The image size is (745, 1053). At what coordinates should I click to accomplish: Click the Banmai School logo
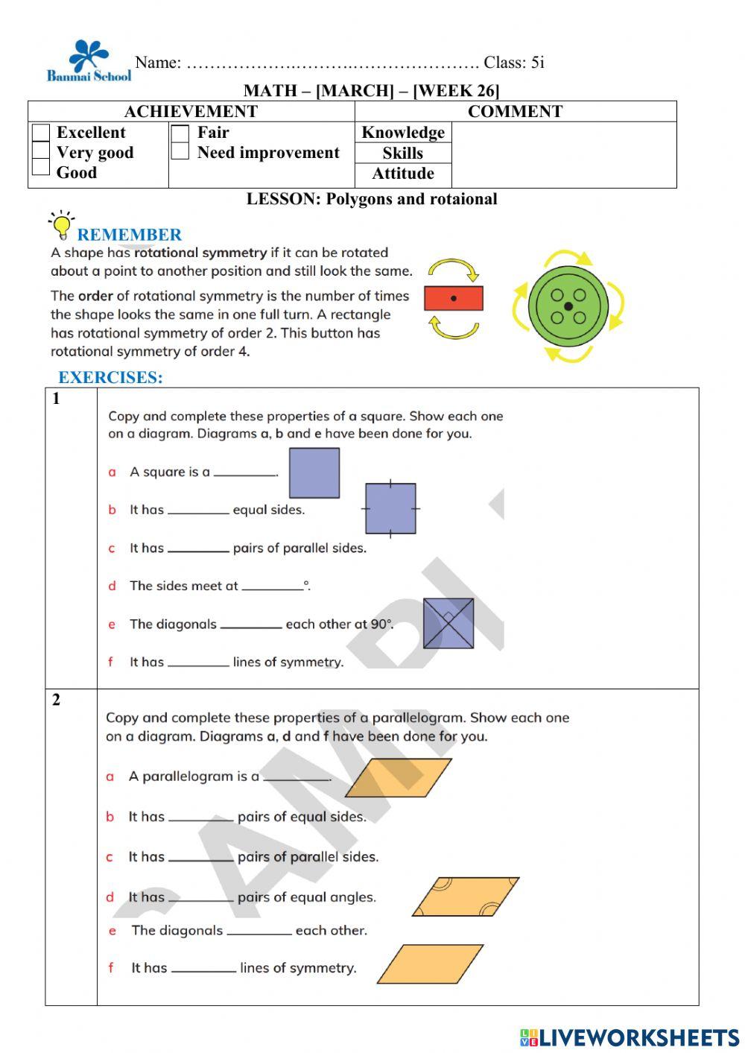(x=89, y=61)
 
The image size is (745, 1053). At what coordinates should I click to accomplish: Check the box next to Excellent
(x=41, y=133)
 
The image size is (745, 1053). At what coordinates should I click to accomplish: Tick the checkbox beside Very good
(x=41, y=151)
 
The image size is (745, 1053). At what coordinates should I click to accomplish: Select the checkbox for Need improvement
(x=180, y=151)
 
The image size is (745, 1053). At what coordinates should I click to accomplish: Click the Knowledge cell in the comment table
(x=403, y=133)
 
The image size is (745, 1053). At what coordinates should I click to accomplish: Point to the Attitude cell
(x=403, y=174)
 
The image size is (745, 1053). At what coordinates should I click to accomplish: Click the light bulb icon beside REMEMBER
(x=61, y=224)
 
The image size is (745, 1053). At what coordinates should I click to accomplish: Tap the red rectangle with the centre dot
(x=454, y=298)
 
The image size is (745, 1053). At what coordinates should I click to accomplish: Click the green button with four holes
(x=568, y=306)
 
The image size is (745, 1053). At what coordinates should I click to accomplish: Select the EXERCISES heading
(x=110, y=377)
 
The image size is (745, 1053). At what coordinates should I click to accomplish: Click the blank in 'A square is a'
(x=245, y=472)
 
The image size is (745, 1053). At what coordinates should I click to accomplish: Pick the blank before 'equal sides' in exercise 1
(x=198, y=510)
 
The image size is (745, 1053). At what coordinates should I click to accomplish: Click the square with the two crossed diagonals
(x=448, y=623)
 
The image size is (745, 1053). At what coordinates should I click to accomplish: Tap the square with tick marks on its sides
(x=390, y=508)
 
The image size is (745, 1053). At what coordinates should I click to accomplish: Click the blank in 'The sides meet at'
(x=272, y=586)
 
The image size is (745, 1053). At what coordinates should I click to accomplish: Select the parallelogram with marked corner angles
(x=466, y=897)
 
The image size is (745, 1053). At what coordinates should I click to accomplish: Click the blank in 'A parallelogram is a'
(x=297, y=777)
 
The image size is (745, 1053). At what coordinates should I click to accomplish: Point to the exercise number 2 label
(x=57, y=700)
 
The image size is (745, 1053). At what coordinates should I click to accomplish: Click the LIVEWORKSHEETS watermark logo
(x=630, y=1037)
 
